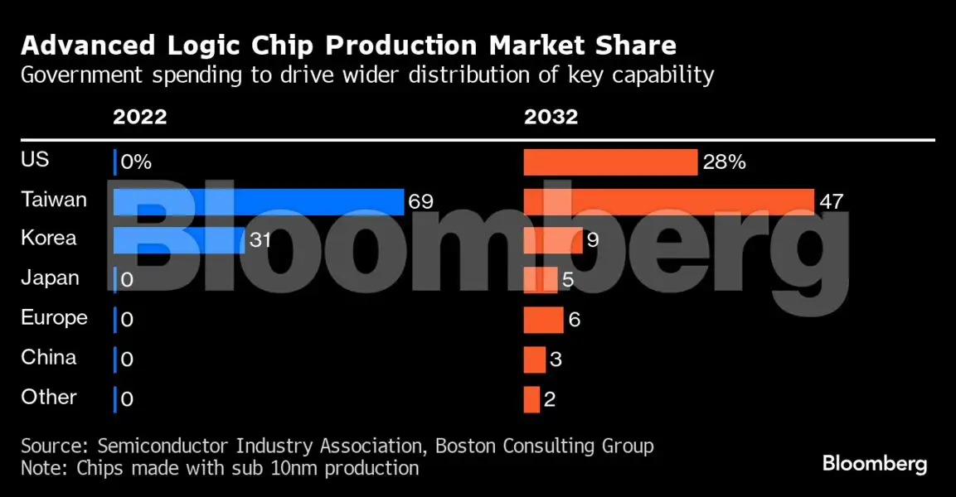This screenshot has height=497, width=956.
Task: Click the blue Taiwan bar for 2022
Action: [258, 201]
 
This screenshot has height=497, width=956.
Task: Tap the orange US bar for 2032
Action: [609, 162]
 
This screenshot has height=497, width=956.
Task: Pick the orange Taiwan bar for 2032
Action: [668, 201]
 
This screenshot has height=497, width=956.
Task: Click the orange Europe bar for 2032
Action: [543, 320]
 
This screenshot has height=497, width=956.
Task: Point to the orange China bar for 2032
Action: [534, 359]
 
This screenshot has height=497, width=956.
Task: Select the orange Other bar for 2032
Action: [531, 399]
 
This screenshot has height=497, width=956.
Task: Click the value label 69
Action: [420, 201]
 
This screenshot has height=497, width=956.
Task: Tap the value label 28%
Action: [724, 162]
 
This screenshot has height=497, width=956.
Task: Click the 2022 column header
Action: [139, 117]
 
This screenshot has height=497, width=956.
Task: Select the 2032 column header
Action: [551, 117]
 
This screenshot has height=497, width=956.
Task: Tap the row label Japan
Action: [50, 277]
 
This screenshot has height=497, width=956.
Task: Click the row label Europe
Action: [54, 317]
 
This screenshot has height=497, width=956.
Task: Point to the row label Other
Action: [49, 397]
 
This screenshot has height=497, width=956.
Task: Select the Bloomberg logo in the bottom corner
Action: [875, 463]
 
